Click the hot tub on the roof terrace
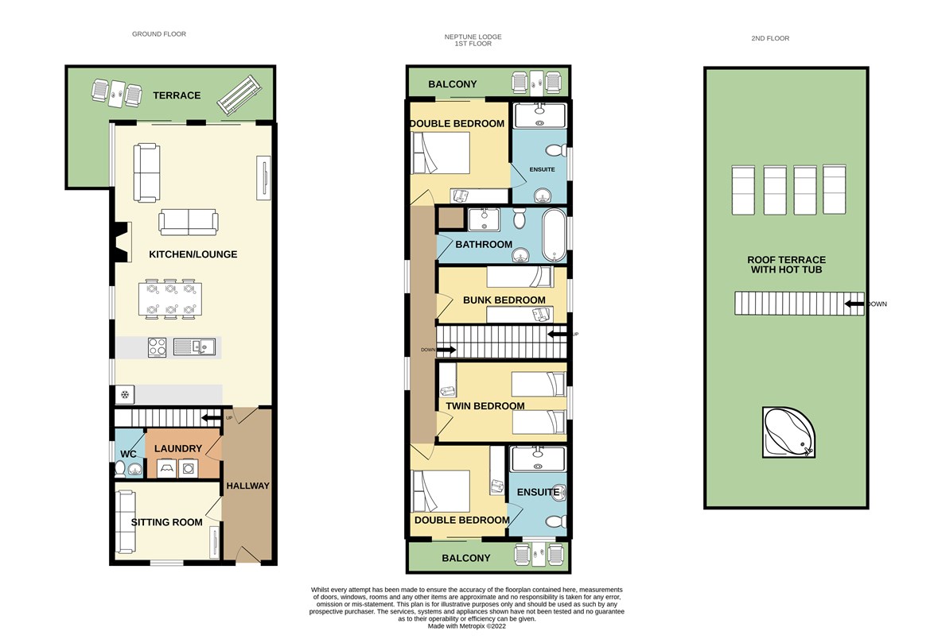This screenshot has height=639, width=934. [x=788, y=432]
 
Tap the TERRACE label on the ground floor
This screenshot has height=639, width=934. [x=177, y=95]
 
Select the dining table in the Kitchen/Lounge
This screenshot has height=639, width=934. [x=170, y=299]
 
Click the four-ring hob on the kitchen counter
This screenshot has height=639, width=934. [x=158, y=347]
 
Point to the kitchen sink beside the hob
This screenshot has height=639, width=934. [x=194, y=347]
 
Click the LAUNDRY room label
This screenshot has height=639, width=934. [x=178, y=448]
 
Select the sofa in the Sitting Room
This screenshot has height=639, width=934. [x=124, y=521]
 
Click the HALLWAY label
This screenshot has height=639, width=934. [x=247, y=486]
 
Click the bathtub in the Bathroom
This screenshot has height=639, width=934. [x=554, y=235]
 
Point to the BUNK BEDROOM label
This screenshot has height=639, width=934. [x=504, y=300]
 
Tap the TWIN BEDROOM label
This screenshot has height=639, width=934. [x=485, y=406]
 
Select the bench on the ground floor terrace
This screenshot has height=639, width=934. [x=239, y=95]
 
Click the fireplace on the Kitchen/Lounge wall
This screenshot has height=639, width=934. [x=122, y=242]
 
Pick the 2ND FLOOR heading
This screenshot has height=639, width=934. [x=770, y=38]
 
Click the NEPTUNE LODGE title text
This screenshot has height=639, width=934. [x=473, y=37]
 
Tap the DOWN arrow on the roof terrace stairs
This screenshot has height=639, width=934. [x=854, y=304]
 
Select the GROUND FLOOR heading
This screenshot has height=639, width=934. [x=159, y=34]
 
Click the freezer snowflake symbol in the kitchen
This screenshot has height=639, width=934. [x=124, y=394]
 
